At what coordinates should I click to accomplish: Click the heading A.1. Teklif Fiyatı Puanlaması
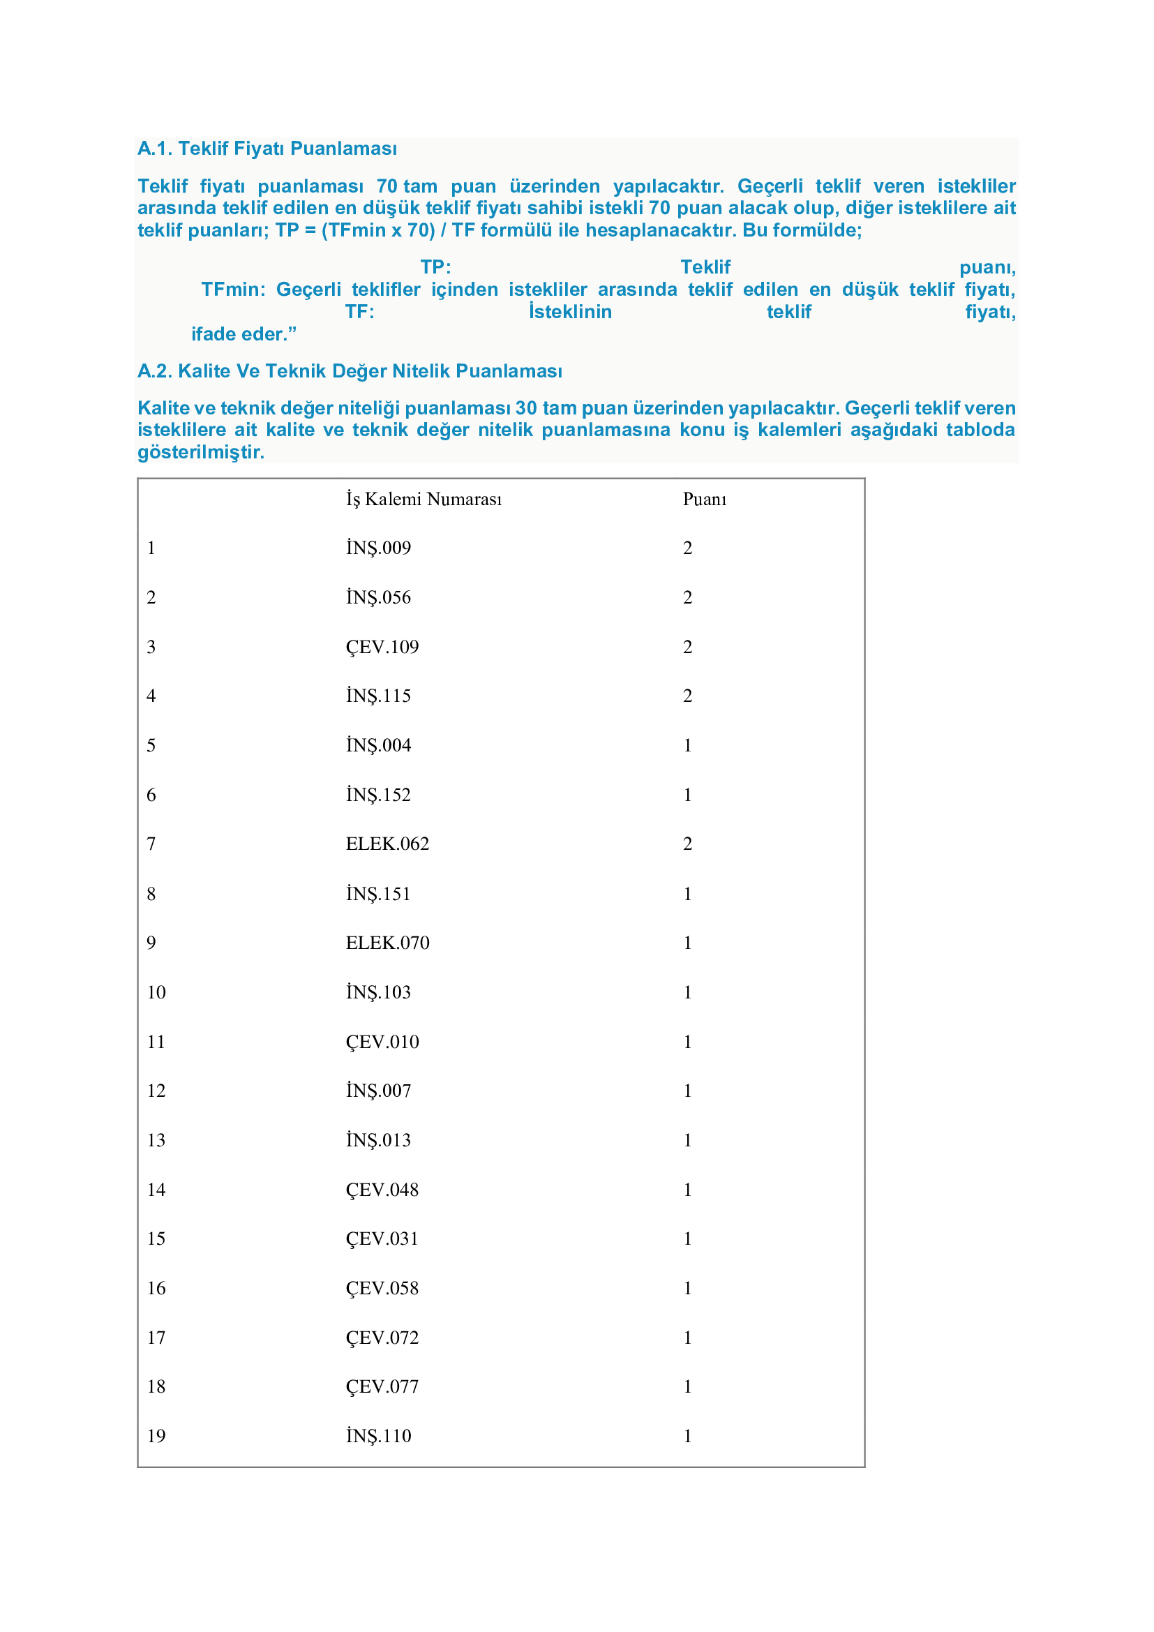(x=267, y=149)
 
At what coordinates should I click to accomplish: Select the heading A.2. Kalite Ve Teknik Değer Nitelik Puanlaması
(x=350, y=371)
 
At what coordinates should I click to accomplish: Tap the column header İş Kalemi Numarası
(x=424, y=499)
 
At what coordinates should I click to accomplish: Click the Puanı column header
(x=704, y=499)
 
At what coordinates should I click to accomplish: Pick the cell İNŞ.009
(x=378, y=548)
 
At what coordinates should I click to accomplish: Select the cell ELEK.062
(x=387, y=844)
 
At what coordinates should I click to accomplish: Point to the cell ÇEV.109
(x=382, y=647)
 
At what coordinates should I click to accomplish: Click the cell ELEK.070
(x=387, y=943)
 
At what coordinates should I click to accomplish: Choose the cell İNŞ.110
(x=378, y=1436)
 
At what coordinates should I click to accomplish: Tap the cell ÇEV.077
(x=382, y=1386)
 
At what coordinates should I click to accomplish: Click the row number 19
(x=156, y=1436)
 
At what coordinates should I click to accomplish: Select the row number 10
(x=156, y=992)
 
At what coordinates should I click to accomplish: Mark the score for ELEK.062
(x=687, y=844)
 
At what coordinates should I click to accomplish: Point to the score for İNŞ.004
(x=687, y=745)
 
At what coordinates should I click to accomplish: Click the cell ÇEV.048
(x=382, y=1189)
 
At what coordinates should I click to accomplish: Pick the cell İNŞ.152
(x=378, y=795)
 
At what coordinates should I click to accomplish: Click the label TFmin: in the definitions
(x=233, y=290)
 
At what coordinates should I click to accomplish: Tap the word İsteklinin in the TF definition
(x=570, y=312)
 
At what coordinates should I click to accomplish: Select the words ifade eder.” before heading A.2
(x=243, y=334)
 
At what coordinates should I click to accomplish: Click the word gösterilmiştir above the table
(x=200, y=452)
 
